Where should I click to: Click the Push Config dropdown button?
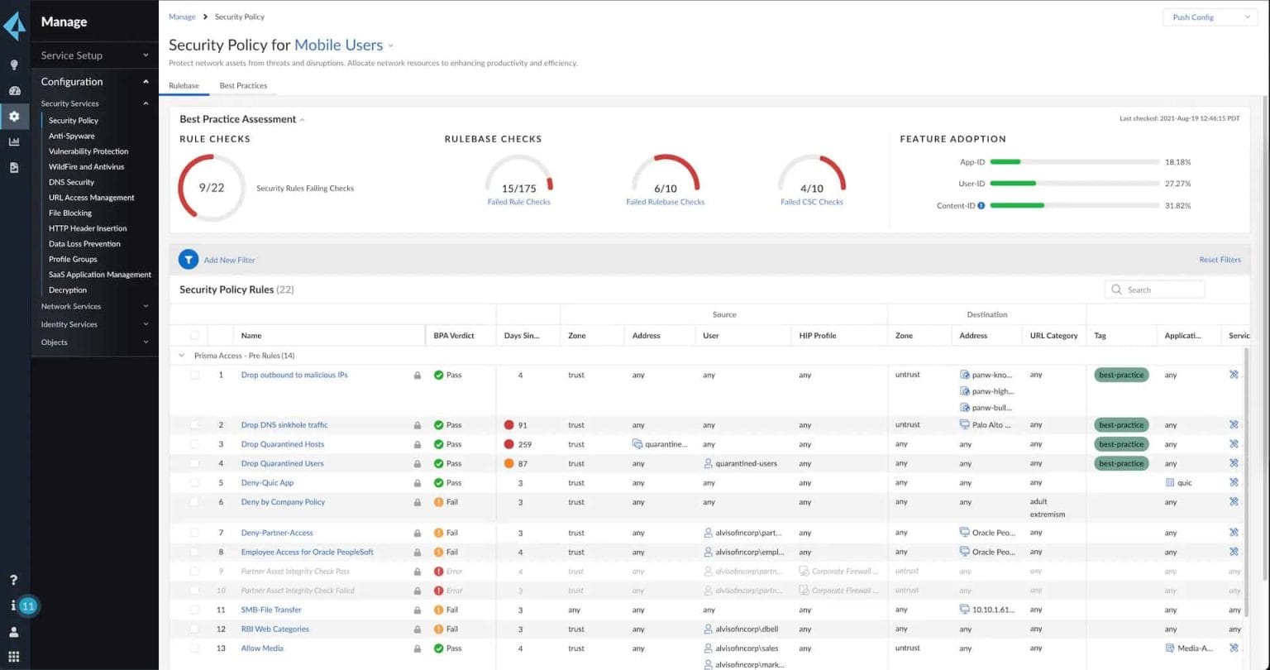pyautogui.click(x=1210, y=17)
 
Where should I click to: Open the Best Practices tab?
pyautogui.click(x=243, y=86)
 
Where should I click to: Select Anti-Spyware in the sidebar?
pyautogui.click(x=72, y=136)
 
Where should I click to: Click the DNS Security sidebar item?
pyautogui.click(x=72, y=183)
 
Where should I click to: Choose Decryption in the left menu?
pyautogui.click(x=68, y=290)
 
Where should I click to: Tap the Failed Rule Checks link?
pyautogui.click(x=518, y=202)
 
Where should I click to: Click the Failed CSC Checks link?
pyautogui.click(x=811, y=202)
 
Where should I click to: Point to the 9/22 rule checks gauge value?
pyautogui.click(x=212, y=188)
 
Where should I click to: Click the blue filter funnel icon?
pyautogui.click(x=189, y=260)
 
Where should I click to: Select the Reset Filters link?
pyautogui.click(x=1220, y=260)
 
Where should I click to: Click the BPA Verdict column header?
pyautogui.click(x=454, y=336)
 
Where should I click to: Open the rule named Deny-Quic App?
pyautogui.click(x=267, y=483)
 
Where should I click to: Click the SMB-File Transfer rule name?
pyautogui.click(x=271, y=610)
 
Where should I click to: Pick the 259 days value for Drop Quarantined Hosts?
pyautogui.click(x=524, y=445)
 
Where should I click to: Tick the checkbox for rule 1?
pyautogui.click(x=194, y=376)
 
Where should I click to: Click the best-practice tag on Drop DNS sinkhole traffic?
pyautogui.click(x=1121, y=425)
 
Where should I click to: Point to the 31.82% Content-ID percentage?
pyautogui.click(x=1177, y=206)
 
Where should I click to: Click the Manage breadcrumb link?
pyautogui.click(x=182, y=17)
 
